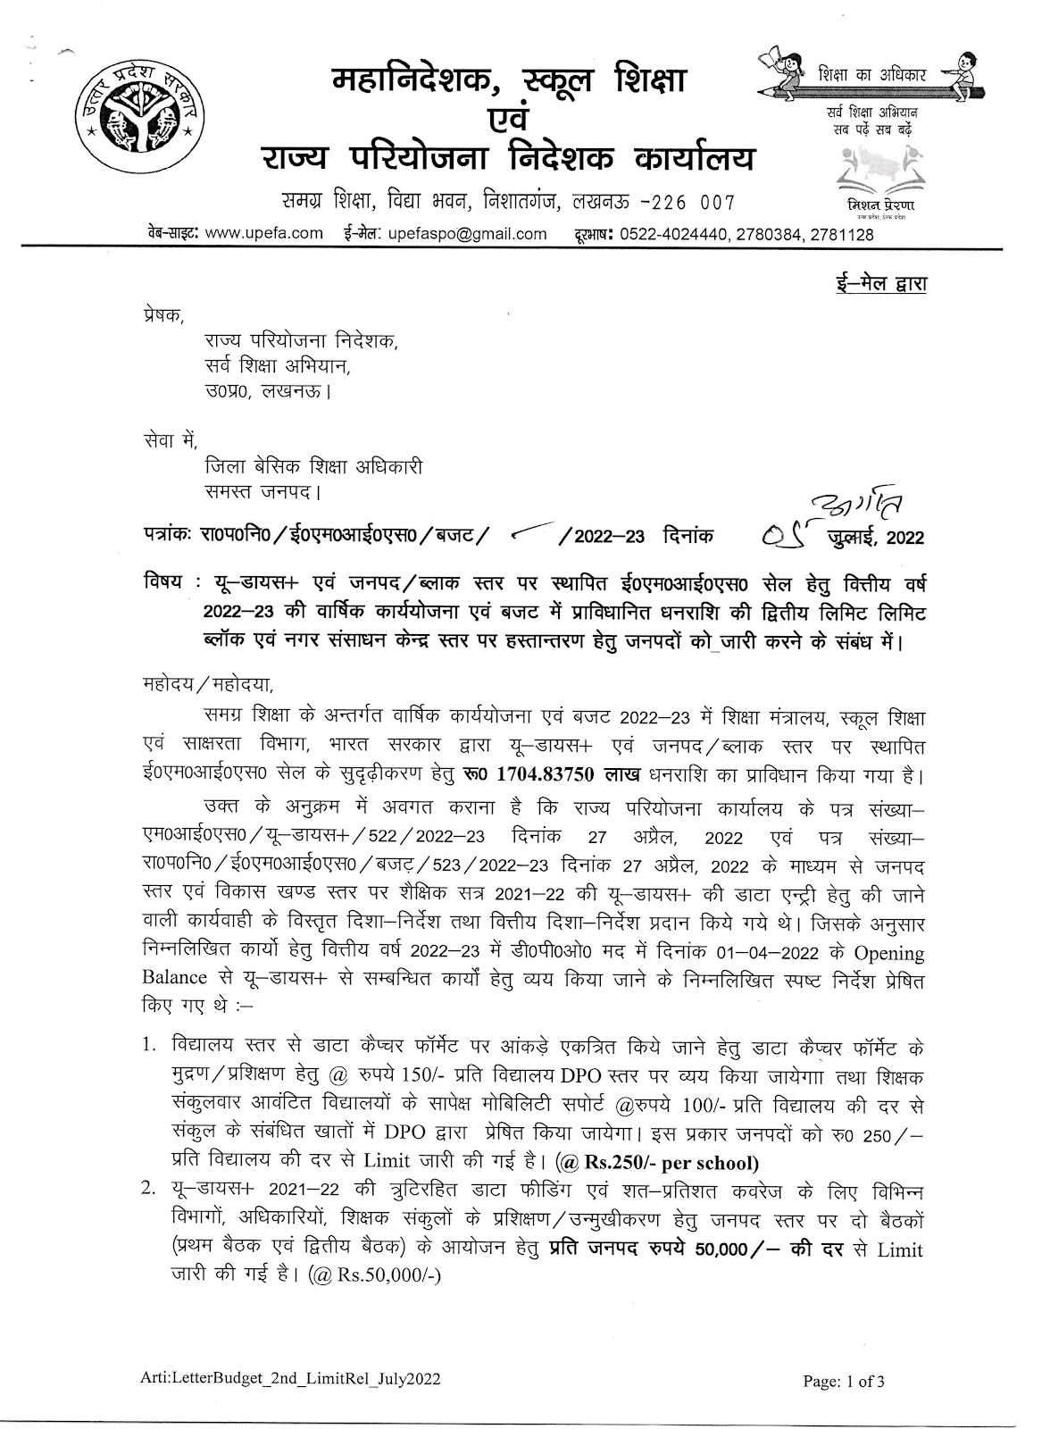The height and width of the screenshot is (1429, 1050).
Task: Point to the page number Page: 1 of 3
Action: (x=844, y=1382)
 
